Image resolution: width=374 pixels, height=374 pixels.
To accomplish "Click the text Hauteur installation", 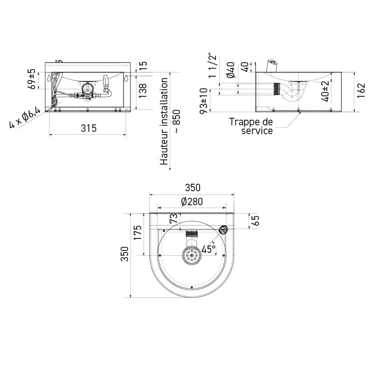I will (164, 121).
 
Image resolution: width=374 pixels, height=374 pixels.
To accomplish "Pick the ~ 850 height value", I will (176, 122).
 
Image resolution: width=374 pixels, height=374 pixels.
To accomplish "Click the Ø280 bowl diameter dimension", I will (191, 201).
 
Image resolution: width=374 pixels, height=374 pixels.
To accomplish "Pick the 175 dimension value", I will (137, 232).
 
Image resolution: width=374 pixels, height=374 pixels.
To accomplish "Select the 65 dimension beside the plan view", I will (255, 221).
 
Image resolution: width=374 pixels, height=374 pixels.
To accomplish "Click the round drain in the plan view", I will (191, 255).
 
